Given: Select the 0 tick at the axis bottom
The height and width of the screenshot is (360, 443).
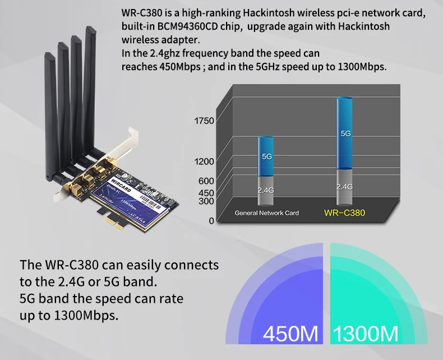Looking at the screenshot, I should click(x=211, y=221).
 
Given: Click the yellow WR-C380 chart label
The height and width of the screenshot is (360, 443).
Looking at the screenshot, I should click(x=344, y=213).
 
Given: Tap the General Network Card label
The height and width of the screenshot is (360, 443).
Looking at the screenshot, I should click(x=266, y=213).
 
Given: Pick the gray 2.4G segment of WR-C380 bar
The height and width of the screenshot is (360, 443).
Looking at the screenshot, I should click(x=344, y=186).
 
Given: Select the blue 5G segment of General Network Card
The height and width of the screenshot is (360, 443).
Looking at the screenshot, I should click(x=266, y=156).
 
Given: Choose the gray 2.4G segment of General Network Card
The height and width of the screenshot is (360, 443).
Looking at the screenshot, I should click(x=266, y=190).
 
